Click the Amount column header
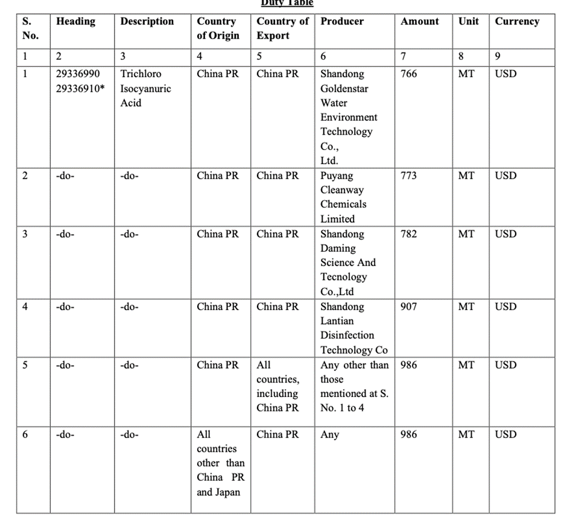(x=420, y=21)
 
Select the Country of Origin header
(x=218, y=28)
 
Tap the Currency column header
(x=517, y=21)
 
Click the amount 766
(x=408, y=74)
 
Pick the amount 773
(x=408, y=176)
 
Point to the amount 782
(x=408, y=234)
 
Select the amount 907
(x=408, y=307)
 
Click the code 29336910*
(x=81, y=89)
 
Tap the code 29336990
(x=78, y=74)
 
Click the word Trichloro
(x=141, y=74)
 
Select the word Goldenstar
(x=344, y=89)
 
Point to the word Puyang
(x=337, y=176)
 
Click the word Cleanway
(x=342, y=190)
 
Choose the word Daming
(x=338, y=248)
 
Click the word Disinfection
(x=347, y=336)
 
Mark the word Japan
(x=226, y=492)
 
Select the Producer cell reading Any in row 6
(x=329, y=434)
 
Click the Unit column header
(x=469, y=21)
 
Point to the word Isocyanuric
(x=145, y=89)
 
